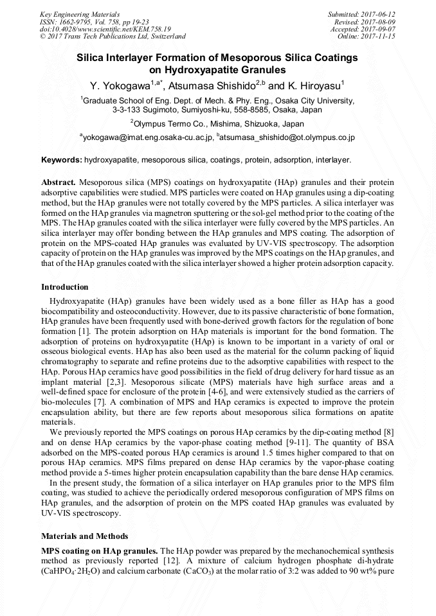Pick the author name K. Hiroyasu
tap(313, 85)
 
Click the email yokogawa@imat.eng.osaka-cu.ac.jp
tap(147, 137)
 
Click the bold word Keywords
tap(61, 159)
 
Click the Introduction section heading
tap(65, 287)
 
